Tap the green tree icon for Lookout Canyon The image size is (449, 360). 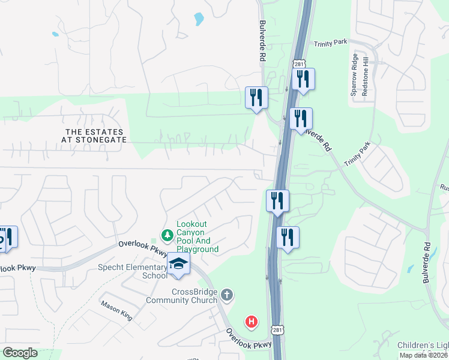click(x=167, y=234)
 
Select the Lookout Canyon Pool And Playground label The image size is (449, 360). click(x=197, y=236)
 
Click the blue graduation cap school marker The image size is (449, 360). click(x=178, y=263)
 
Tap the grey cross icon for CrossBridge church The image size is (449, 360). click(x=226, y=295)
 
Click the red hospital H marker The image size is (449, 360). click(x=252, y=322)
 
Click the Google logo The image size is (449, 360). click(x=20, y=353)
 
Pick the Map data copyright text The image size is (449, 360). click(x=424, y=355)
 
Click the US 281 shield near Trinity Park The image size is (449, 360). click(x=299, y=64)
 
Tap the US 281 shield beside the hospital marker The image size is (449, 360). click(x=277, y=331)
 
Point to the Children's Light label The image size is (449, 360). click(x=423, y=346)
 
